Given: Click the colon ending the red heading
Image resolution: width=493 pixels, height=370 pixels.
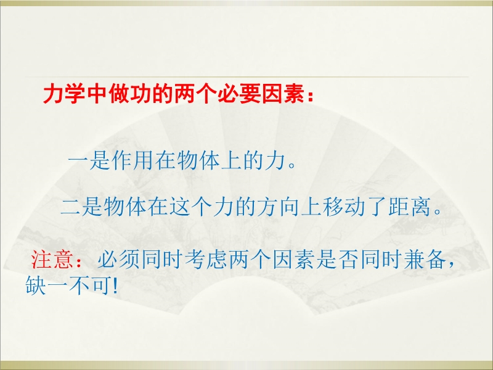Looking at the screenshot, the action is pos(311,96).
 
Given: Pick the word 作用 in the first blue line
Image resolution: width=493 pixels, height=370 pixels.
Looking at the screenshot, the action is pos(133,160).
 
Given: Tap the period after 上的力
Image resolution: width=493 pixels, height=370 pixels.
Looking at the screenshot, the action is pos(292,165).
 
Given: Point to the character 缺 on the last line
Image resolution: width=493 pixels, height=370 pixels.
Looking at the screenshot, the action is pos(36,285).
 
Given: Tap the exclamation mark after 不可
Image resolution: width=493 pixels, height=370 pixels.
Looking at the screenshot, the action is pos(115,286).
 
